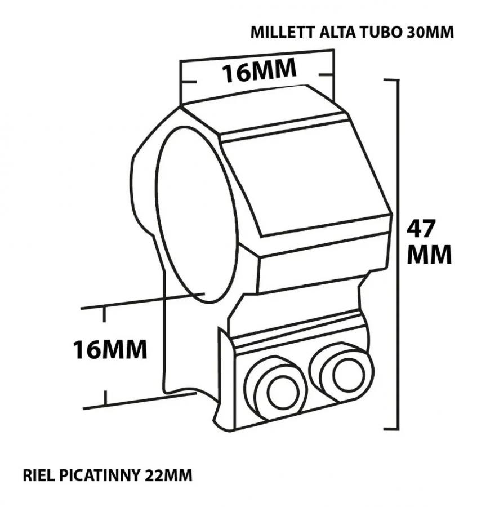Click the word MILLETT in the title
click(x=283, y=32)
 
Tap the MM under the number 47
click(x=429, y=254)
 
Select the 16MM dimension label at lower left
click(x=110, y=349)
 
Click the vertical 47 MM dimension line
click(x=398, y=255)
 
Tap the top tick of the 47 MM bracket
click(x=391, y=79)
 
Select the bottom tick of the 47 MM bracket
click(x=391, y=429)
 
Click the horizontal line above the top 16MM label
click(x=257, y=55)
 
